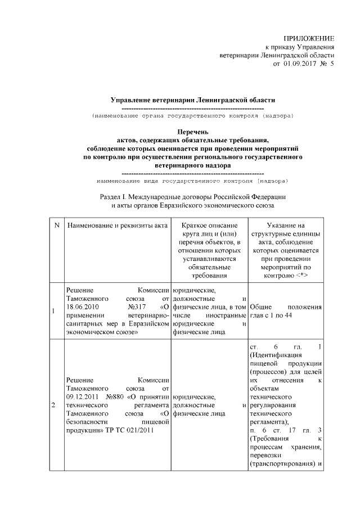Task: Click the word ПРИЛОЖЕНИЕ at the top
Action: click(312, 37)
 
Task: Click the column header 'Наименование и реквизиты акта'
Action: click(118, 226)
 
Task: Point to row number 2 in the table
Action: click(53, 405)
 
